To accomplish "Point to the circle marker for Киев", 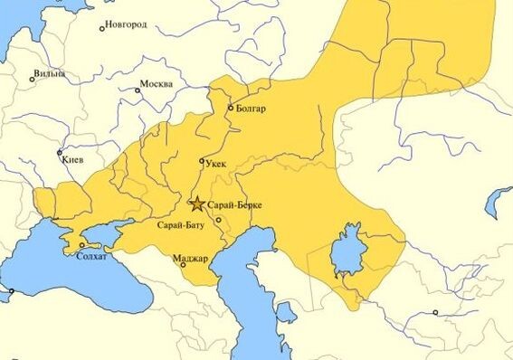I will [x=61, y=153].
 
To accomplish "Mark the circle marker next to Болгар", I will [x=231, y=108].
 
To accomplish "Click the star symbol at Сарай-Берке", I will [x=197, y=204].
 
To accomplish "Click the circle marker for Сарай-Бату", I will [x=218, y=220].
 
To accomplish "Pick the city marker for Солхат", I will [x=82, y=245].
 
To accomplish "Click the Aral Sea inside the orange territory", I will [x=346, y=251].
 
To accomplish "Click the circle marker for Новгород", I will [x=102, y=28].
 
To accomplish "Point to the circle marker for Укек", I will [x=202, y=161].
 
